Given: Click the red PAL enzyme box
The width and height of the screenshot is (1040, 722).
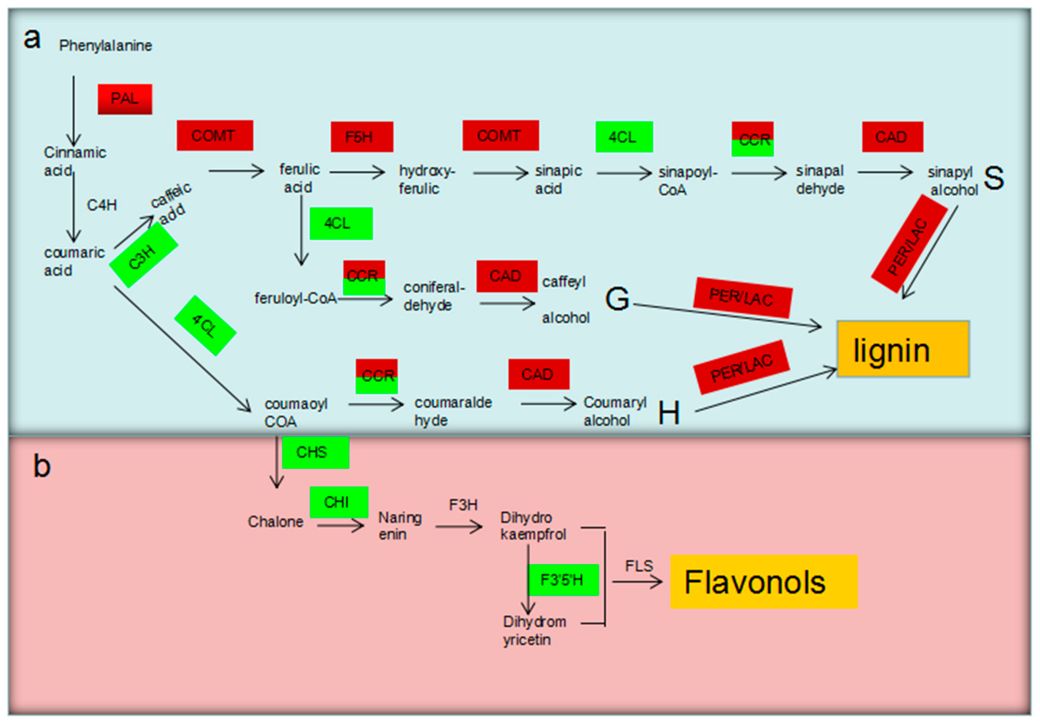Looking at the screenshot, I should point(125,99).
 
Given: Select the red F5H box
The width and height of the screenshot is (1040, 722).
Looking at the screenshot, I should point(362,137).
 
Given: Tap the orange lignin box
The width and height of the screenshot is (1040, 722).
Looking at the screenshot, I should point(903,349).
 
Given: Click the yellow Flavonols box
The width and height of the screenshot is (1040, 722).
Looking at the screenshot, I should point(763,582).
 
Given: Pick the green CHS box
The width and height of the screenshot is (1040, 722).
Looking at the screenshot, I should point(315,452).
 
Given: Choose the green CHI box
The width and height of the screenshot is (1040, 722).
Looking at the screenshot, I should point(339,502).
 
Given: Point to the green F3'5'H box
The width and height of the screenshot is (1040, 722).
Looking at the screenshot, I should point(563,580).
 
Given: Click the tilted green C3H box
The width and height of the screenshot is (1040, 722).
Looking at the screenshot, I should point(143,256).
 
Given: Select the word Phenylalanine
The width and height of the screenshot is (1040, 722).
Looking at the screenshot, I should point(106,46).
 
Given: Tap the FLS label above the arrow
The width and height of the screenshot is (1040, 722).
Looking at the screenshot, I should point(639,566).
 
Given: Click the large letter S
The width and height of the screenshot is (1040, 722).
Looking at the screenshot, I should point(993,178).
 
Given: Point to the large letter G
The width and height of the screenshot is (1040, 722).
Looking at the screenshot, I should point(617,299).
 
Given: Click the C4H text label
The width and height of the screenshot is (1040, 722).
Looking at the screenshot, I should point(102,205).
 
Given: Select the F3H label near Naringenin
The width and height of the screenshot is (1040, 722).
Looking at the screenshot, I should point(463,505).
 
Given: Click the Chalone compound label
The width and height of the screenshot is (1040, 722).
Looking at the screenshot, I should point(275,522).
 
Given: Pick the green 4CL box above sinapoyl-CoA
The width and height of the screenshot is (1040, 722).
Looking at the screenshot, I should point(624,137).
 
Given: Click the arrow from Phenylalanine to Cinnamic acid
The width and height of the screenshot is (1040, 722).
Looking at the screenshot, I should point(74,111).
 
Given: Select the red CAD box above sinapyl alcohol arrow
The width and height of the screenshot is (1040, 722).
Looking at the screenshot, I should point(892,137).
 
